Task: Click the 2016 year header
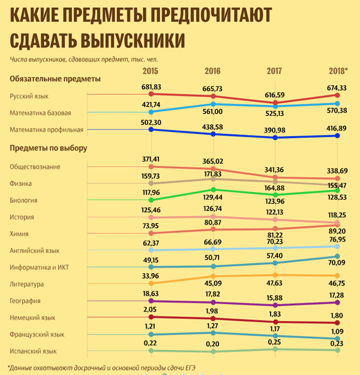pyautogui.click(x=212, y=71)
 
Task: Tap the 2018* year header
pyautogui.click(x=338, y=71)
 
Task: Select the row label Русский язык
pyautogui.click(x=29, y=96)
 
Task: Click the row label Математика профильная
pyautogui.click(x=46, y=130)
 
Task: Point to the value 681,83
pyautogui.click(x=151, y=87)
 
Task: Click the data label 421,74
pyautogui.click(x=151, y=104)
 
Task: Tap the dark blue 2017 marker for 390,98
pyautogui.click(x=275, y=138)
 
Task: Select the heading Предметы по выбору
pyautogui.click(x=49, y=148)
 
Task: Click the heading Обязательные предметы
pyautogui.click(x=55, y=79)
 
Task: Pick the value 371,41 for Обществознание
pyautogui.click(x=151, y=159)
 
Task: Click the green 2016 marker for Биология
pyautogui.click(x=214, y=190)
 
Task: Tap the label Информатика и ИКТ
pyautogui.click(x=39, y=267)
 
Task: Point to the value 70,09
pyautogui.click(x=337, y=263)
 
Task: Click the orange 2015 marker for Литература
pyautogui.click(x=151, y=283)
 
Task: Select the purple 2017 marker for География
pyautogui.click(x=275, y=305)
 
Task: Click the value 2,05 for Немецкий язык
pyautogui.click(x=150, y=310)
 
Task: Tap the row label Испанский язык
pyautogui.click(x=33, y=351)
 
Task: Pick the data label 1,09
pyautogui.click(x=337, y=331)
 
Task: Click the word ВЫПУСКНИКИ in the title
pyautogui.click(x=133, y=40)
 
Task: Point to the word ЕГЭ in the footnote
pyautogui.click(x=190, y=368)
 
